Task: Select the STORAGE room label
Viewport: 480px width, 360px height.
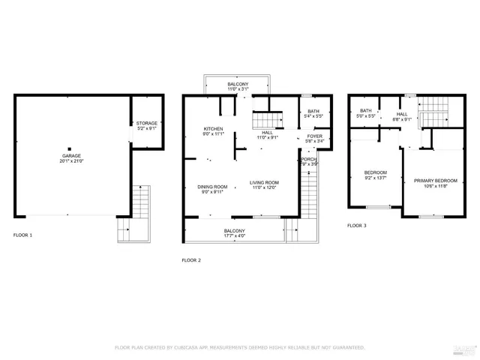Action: click(x=146, y=123)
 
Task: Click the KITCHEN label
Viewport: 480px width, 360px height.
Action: click(x=213, y=129)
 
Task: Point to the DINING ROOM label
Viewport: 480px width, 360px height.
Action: click(x=212, y=187)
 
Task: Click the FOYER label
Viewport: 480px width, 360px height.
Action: click(x=314, y=136)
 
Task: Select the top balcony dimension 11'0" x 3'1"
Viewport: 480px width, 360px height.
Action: click(x=238, y=89)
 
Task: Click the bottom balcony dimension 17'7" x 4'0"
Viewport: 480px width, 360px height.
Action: click(x=235, y=235)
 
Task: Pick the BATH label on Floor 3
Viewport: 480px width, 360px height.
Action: click(x=365, y=112)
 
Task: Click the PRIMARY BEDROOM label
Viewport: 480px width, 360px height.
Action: click(x=435, y=181)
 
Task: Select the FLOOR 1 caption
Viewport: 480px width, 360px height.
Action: click(x=22, y=235)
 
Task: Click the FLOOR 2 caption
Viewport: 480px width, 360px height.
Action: click(x=191, y=259)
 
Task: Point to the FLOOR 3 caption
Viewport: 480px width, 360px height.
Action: click(x=357, y=225)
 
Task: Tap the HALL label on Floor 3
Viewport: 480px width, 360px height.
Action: click(x=402, y=114)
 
